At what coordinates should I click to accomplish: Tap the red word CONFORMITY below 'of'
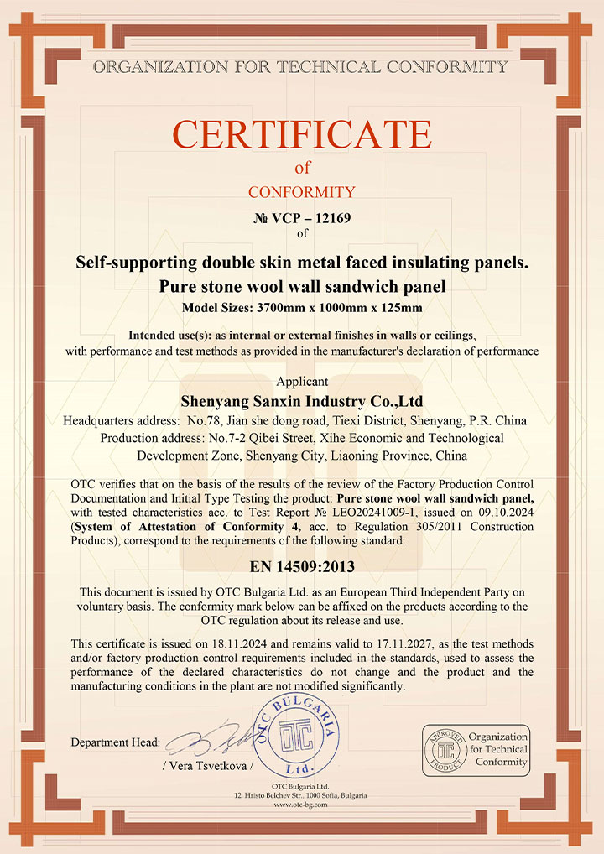(x=301, y=192)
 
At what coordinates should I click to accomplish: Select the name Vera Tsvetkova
(x=207, y=766)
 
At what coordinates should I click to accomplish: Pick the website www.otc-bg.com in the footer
(x=301, y=804)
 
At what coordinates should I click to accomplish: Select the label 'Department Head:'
(x=116, y=742)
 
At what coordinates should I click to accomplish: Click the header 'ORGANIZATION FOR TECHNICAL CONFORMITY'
(x=301, y=66)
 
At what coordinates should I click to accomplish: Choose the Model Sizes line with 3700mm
(x=302, y=307)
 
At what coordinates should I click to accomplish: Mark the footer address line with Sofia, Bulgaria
(x=301, y=794)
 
